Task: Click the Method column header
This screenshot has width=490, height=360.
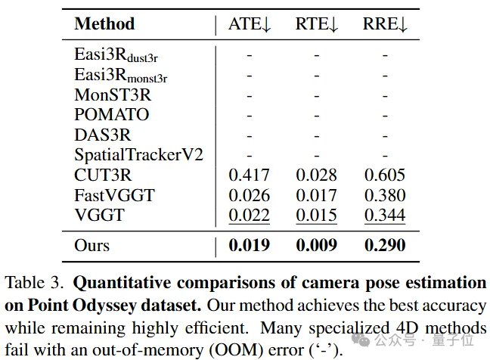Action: pos(104,23)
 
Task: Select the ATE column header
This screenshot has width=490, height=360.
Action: pos(250,23)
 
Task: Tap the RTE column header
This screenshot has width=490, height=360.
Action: pos(317,23)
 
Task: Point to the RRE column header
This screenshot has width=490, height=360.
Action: pos(386,23)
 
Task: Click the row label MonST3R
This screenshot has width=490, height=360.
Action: pos(112,95)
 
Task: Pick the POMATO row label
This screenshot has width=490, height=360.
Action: pos(112,115)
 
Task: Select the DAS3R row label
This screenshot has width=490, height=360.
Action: pos(103,135)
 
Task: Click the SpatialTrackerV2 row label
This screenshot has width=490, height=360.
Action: pos(139,155)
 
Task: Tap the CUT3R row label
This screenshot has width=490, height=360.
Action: pos(103,175)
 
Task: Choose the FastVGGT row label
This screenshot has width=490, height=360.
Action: pos(114,195)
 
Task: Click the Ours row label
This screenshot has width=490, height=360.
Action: pos(91,245)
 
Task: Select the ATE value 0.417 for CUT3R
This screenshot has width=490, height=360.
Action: pos(249,175)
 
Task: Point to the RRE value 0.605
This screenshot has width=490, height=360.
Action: pos(385,175)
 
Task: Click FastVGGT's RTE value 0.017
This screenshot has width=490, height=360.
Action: pos(317,195)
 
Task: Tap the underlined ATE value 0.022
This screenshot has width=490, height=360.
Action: pos(249,216)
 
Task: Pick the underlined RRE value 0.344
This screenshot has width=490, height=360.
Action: pos(385,216)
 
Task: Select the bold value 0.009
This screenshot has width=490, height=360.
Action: pos(317,245)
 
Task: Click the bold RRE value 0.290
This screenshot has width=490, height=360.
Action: pos(385,245)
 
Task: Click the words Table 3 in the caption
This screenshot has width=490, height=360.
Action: pos(35,284)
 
